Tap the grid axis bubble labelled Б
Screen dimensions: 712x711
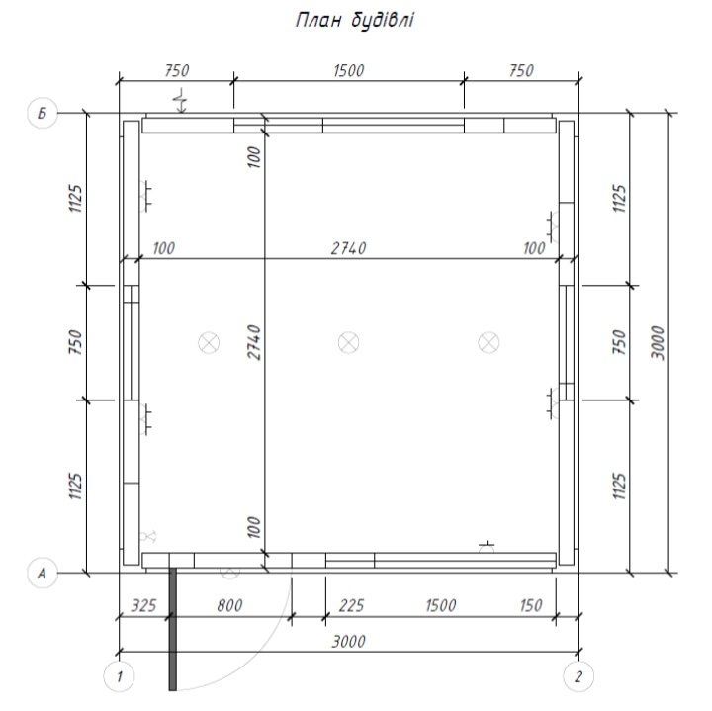pyautogui.click(x=43, y=113)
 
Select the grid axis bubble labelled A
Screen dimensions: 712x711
pyautogui.click(x=43, y=573)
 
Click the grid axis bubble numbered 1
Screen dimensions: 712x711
pyautogui.click(x=119, y=677)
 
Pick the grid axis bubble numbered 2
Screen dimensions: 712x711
pyautogui.click(x=578, y=677)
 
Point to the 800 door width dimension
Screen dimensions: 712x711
pyautogui.click(x=229, y=605)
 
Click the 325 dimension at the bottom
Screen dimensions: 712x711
pyautogui.click(x=144, y=605)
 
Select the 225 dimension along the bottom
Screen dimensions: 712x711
pyautogui.click(x=351, y=605)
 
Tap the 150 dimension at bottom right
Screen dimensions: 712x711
pyautogui.click(x=531, y=605)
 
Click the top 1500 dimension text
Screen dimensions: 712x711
pyautogui.click(x=349, y=71)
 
